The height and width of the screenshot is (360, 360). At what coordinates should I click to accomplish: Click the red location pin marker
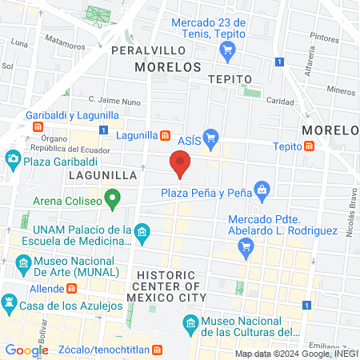(x=180, y=165)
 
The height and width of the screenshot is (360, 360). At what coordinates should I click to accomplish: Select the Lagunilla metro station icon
(x=165, y=136)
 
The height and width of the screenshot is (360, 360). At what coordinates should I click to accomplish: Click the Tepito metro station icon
(x=308, y=146)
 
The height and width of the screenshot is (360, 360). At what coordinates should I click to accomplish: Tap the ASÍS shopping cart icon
(x=210, y=138)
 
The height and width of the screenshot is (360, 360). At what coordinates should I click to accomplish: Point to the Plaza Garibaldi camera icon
(x=13, y=159)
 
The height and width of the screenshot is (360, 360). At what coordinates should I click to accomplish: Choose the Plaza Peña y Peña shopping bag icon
(x=261, y=190)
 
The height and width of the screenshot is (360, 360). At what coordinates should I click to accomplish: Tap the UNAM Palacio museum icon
(x=142, y=233)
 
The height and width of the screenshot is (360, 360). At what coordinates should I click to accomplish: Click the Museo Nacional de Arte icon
(x=24, y=262)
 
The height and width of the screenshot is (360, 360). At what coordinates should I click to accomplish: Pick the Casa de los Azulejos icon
(x=10, y=303)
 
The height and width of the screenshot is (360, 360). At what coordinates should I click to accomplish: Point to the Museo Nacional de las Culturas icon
(x=190, y=323)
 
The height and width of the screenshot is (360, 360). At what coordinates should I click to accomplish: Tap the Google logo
(x=26, y=350)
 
